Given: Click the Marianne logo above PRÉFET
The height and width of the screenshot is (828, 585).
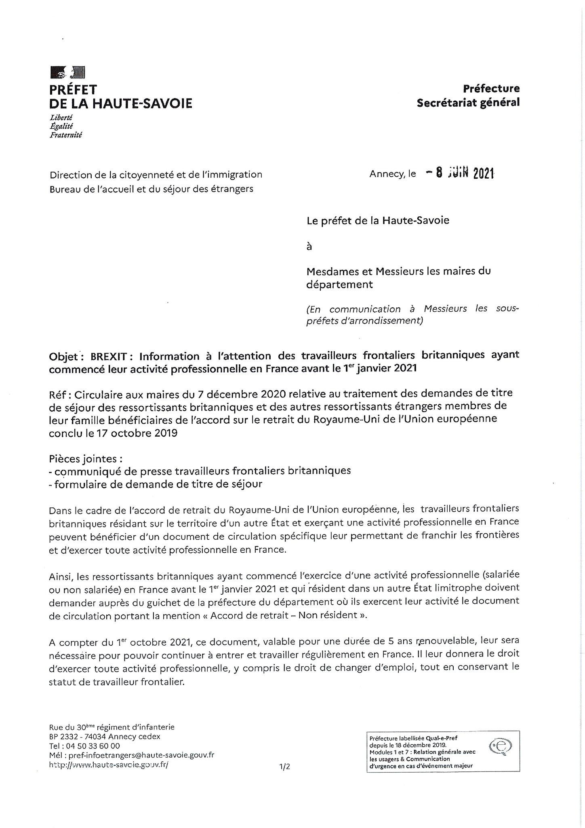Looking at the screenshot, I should [67, 73].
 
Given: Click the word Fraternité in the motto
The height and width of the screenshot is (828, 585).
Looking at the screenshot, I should [65, 135].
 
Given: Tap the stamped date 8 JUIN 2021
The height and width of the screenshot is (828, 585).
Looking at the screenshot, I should [461, 173].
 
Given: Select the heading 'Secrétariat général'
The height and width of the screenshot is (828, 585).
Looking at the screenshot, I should [468, 103].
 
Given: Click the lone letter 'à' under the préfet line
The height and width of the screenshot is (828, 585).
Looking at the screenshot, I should [309, 246].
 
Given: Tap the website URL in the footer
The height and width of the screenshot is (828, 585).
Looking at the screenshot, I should [108, 765].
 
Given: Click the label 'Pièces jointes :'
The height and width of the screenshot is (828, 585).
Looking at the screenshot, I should [86, 459].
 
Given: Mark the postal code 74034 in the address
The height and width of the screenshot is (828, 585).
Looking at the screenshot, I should [95, 736].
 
